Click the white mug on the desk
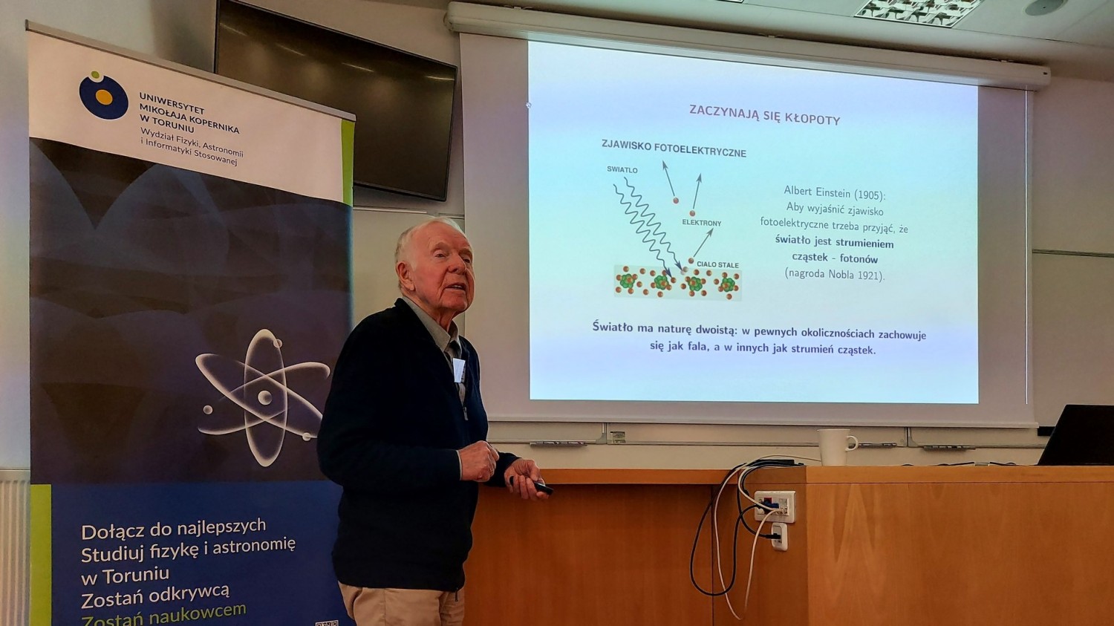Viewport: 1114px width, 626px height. point(836,447)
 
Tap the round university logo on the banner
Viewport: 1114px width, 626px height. point(103,96)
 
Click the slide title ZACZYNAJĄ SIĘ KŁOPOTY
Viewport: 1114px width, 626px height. point(764,114)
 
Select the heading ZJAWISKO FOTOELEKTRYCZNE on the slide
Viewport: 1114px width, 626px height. point(674,149)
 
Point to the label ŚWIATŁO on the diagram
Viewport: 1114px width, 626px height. point(622,169)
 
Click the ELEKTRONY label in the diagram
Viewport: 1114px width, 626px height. point(701,223)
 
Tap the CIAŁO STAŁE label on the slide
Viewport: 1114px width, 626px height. point(717,264)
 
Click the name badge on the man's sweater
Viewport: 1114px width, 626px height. point(458,370)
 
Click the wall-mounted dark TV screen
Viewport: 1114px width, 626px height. point(336,97)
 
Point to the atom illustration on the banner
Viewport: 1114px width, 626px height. point(263,397)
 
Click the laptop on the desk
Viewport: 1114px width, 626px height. point(1077,434)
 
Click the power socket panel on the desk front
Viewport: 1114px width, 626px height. point(775,506)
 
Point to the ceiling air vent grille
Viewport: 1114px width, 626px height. point(918,11)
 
